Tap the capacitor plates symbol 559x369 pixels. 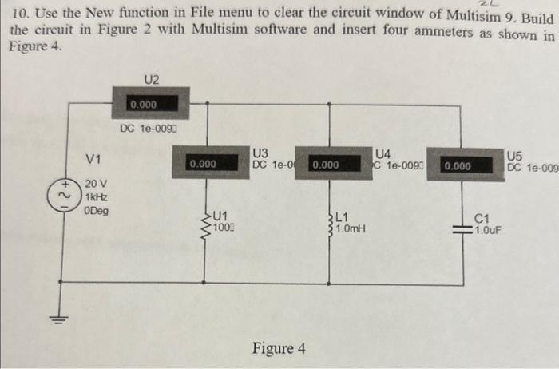pyautogui.click(x=466, y=227)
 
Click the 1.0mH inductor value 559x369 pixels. pyautogui.click(x=351, y=228)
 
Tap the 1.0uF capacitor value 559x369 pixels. pyautogui.click(x=486, y=229)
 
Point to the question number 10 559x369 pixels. pyautogui.click(x=20, y=14)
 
